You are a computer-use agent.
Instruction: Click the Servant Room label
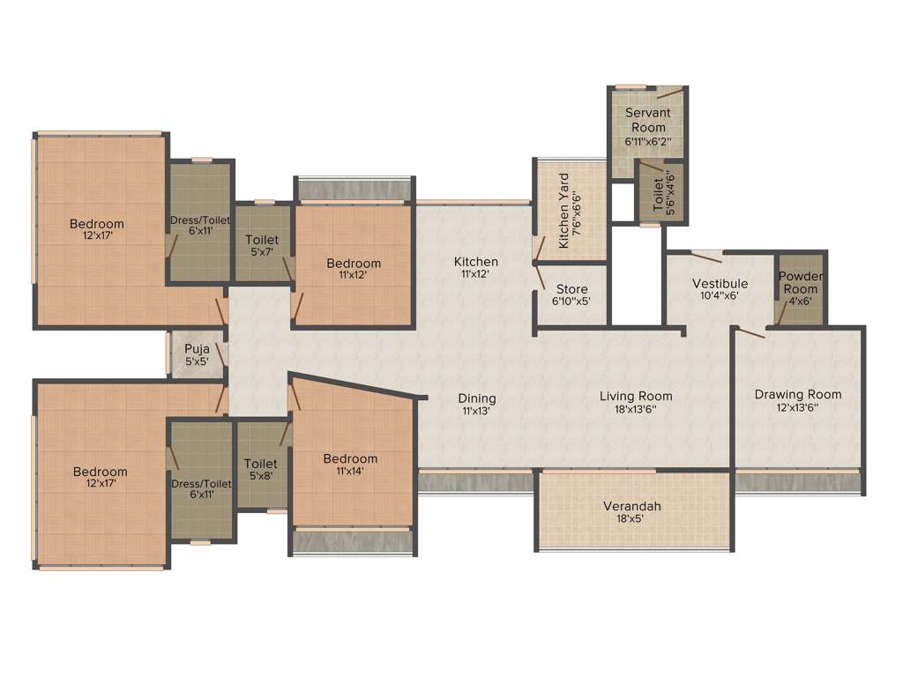pos(648,120)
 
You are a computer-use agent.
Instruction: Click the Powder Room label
pos(800,282)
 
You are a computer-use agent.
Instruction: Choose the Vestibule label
pos(720,283)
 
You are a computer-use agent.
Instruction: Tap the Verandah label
pos(631,506)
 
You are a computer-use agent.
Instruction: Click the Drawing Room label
pos(798,394)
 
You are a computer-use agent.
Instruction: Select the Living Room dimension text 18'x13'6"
pos(636,409)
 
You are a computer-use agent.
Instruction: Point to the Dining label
pos(477,398)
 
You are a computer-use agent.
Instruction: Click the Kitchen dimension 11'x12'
pos(476,274)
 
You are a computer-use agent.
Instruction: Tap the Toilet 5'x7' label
pos(262,246)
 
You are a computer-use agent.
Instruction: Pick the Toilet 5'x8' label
pos(261,470)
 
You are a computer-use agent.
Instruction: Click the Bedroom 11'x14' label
pos(350,465)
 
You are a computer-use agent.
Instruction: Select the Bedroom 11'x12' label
pos(354,269)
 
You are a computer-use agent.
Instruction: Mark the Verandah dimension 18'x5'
pos(631,519)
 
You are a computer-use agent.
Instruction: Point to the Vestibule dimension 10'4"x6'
pos(720,296)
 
